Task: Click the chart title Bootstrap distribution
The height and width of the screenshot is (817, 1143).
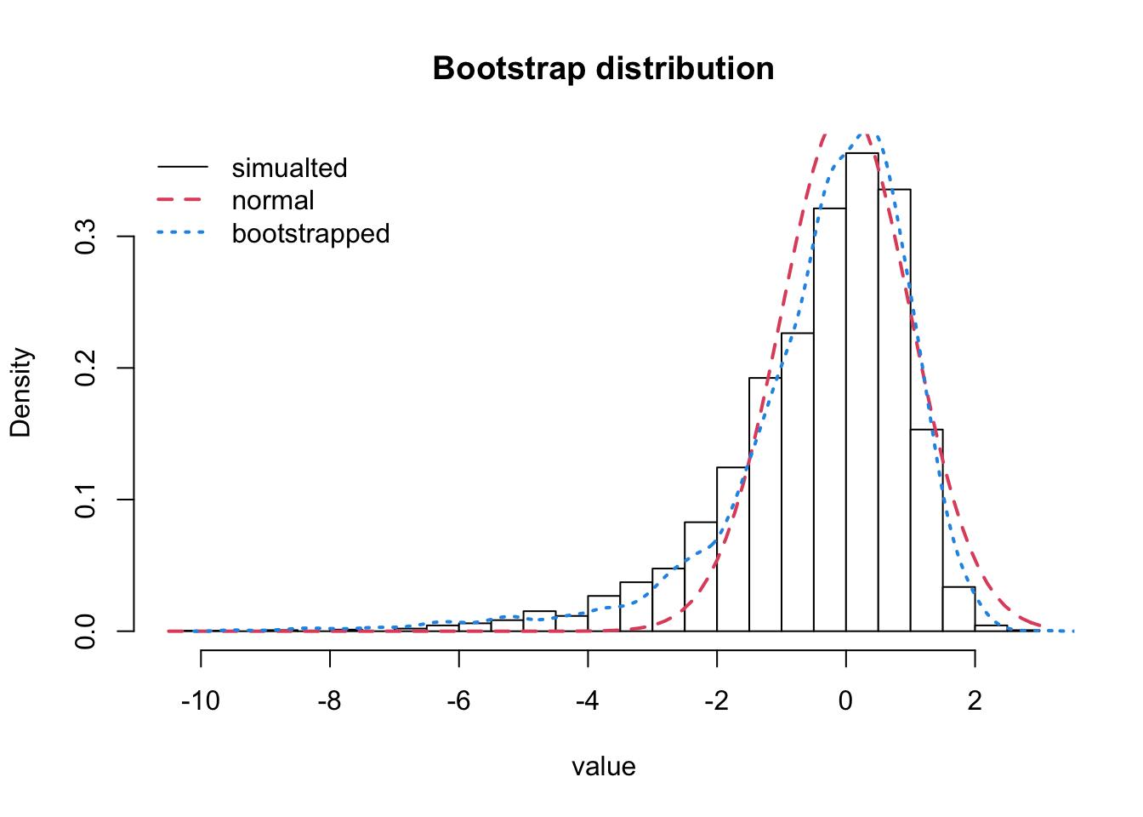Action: coord(603,68)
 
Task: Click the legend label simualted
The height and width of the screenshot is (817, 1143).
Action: coord(289,168)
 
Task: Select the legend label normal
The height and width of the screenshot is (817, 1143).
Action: coord(273,200)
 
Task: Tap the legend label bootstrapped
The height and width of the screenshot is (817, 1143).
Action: coord(310,233)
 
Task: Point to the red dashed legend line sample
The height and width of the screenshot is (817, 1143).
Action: coord(182,201)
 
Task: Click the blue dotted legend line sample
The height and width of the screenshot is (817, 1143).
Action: coord(182,233)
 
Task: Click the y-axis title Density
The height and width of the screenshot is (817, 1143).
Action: coord(20,392)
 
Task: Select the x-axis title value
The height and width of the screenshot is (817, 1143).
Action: coord(603,767)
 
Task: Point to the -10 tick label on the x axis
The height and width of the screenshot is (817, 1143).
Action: coord(201,701)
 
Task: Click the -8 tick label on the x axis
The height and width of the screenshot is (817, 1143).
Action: coord(330,701)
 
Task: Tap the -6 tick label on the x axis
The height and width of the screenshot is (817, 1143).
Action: coord(459,701)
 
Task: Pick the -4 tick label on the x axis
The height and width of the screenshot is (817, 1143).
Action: coord(588,701)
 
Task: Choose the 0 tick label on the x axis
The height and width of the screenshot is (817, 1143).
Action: coord(845,701)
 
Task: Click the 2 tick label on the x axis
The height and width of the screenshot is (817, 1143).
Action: coord(975,701)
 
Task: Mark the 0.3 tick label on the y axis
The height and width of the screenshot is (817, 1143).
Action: coord(86,237)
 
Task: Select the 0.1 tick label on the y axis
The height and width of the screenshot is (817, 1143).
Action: coord(86,500)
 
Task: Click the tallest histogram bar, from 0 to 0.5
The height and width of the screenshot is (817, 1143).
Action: coord(862,391)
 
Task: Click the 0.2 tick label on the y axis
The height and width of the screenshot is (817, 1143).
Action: coord(86,368)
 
